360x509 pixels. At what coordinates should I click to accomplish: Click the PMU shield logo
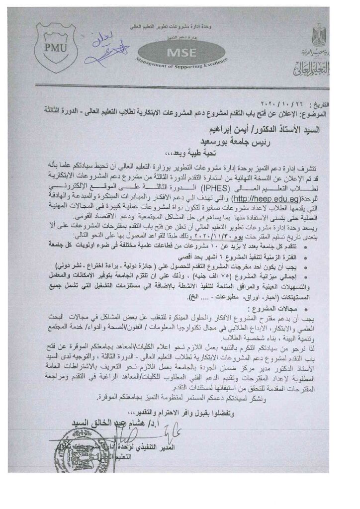(x=55, y=47)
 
